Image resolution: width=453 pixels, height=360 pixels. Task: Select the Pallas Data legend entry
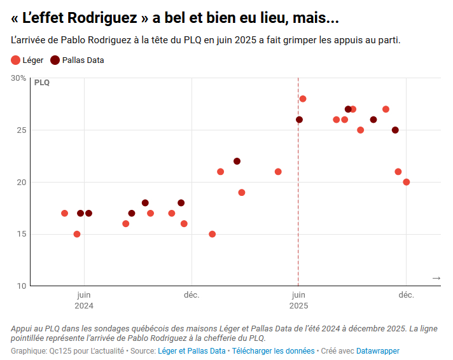(77, 60)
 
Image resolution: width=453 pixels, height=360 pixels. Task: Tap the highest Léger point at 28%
(303, 99)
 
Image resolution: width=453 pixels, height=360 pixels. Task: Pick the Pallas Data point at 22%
(237, 161)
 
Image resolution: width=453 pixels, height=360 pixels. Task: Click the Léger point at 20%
(407, 182)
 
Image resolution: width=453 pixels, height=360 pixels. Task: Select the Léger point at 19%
(242, 192)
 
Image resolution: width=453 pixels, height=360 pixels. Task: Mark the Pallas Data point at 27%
(348, 109)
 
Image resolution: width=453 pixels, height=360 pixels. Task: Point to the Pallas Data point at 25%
(395, 130)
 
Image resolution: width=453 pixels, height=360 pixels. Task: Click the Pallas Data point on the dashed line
(299, 120)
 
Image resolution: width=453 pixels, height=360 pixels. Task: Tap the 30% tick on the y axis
(18, 78)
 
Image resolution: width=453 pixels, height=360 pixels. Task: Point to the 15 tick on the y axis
(21, 234)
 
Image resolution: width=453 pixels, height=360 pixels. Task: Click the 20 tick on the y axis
(21, 182)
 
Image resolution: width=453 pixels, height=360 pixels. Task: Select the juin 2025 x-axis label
(298, 300)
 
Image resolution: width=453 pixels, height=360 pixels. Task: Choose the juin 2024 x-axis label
(83, 300)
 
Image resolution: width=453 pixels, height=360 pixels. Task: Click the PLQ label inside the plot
(41, 83)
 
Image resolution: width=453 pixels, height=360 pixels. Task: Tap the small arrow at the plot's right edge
(436, 278)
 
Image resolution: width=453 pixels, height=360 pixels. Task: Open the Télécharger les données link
(273, 350)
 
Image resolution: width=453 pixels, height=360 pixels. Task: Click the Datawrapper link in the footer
(378, 350)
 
